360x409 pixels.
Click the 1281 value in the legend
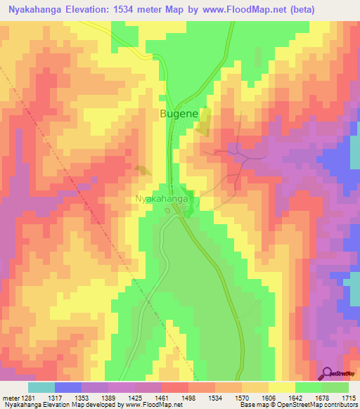click(25, 398)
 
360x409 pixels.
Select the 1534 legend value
click(207, 398)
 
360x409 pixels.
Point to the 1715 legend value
click(349, 398)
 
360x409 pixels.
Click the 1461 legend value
click(155, 398)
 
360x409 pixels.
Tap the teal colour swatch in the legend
click(41, 387)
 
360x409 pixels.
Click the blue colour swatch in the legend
click(67, 387)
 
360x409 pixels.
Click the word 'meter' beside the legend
click(9, 398)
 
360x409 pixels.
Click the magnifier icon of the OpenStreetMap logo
click(328, 372)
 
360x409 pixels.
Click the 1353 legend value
click(77, 398)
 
